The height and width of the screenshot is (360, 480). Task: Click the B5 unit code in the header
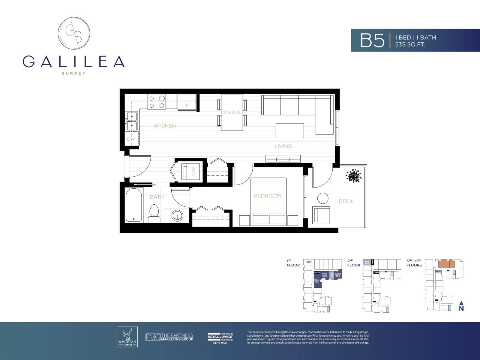pos(372,40)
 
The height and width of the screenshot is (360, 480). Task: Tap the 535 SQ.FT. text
pos(410,44)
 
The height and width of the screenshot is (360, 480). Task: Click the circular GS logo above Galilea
pos(74,33)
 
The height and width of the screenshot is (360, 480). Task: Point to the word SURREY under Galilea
pos(73,73)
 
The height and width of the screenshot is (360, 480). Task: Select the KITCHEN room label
pos(164,126)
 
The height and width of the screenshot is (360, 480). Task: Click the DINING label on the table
pos(231,112)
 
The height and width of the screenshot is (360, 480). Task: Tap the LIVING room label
pos(283,146)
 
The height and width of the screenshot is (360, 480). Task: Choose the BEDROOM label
pos(267,196)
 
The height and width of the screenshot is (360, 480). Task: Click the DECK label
pos(346,201)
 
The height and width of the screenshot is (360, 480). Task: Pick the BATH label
pos(157,197)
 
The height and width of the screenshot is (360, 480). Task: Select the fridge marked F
pos(187,102)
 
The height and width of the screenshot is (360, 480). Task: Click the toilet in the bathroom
pos(154,213)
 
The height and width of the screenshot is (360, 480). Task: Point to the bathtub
pos(134,205)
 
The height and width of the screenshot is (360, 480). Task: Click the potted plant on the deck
pos(354,175)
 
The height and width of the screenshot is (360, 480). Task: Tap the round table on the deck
pos(323,198)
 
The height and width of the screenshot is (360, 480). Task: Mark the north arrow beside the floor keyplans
pos(461,306)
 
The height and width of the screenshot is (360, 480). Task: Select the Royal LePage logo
pos(220,338)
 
